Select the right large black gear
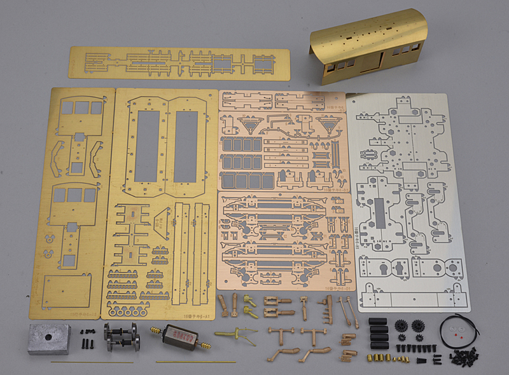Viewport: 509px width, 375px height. pyautogui.click(x=418, y=326)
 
